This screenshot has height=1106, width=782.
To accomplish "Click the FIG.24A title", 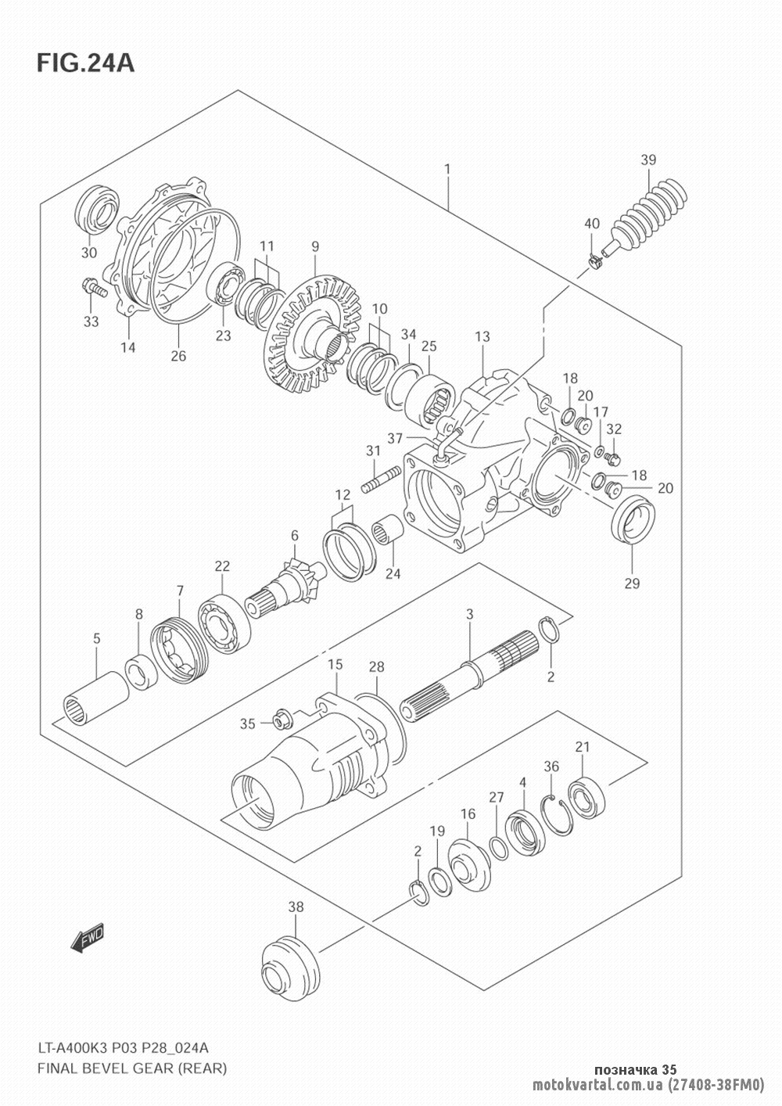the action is (85, 63).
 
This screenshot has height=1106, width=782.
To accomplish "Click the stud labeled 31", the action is (381, 480).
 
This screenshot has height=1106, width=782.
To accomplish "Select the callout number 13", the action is (482, 336).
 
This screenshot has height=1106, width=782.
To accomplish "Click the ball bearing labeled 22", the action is (224, 626).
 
